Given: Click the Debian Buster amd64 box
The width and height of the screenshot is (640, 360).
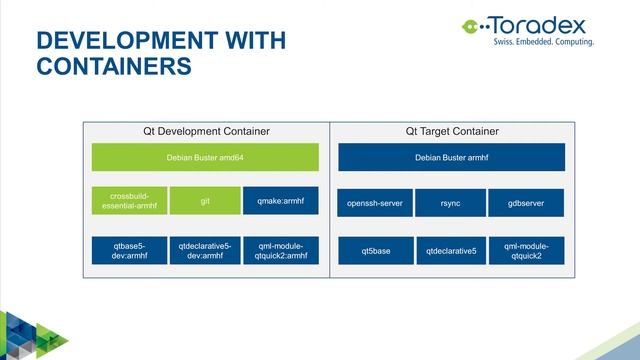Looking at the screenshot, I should (x=205, y=157).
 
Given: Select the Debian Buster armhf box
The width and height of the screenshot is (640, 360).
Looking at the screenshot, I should (x=451, y=157).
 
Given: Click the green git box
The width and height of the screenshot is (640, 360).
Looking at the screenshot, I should (x=205, y=201).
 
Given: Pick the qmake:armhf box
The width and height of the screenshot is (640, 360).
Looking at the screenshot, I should (x=281, y=201).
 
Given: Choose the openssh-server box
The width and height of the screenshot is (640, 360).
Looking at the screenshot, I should (x=374, y=203).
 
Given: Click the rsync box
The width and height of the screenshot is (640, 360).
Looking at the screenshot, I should (x=450, y=203).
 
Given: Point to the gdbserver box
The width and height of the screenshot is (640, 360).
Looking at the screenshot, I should (x=527, y=203).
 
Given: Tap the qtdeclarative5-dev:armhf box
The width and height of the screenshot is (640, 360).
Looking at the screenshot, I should (x=205, y=250).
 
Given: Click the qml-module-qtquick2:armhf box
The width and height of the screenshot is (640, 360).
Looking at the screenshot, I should (x=281, y=250).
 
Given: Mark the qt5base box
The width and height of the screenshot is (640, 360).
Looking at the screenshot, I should (x=374, y=250).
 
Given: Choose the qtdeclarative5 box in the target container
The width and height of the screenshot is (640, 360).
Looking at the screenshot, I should (x=450, y=250).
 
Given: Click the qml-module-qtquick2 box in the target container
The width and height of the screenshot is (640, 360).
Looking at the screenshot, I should (x=527, y=250).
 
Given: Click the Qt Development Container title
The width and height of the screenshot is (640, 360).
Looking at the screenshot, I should (x=205, y=131).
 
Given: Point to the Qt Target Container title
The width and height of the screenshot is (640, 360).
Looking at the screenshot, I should (x=451, y=131).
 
